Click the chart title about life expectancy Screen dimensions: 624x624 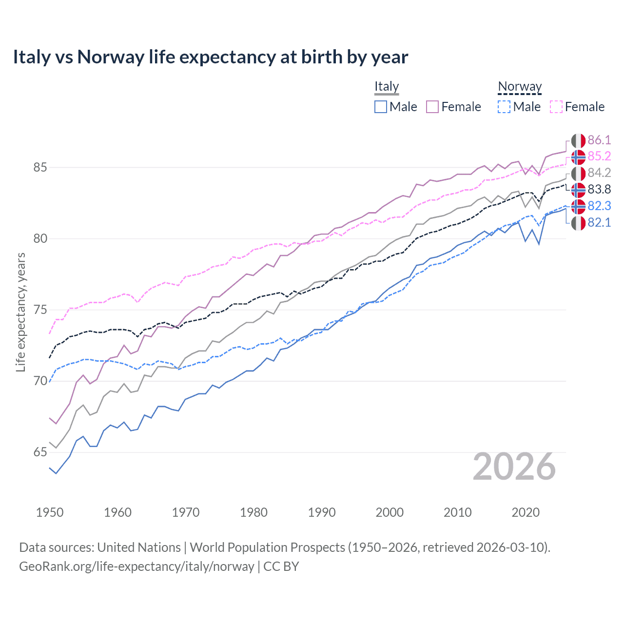click(x=210, y=57)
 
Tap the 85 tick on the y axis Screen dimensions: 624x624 click(x=40, y=168)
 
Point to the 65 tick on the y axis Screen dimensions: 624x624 click(x=40, y=452)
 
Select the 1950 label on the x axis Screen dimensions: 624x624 click(x=50, y=512)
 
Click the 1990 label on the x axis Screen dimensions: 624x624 click(x=322, y=512)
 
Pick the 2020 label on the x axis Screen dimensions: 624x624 click(x=526, y=512)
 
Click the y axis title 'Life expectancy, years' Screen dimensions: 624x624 click(x=20, y=312)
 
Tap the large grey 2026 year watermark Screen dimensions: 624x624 click(x=514, y=467)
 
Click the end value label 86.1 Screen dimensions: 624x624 click(x=599, y=140)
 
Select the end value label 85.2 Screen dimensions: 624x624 click(x=599, y=156)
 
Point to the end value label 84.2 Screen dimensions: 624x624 click(x=599, y=173)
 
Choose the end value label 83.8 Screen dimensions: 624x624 click(x=599, y=190)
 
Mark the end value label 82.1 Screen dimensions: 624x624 click(x=599, y=223)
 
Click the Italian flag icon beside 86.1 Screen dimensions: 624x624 click(x=578, y=140)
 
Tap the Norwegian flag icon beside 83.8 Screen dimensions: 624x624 click(x=578, y=190)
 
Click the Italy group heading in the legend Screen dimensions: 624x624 click(x=387, y=86)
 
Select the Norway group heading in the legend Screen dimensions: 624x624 click(x=520, y=86)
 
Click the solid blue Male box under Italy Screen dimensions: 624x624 click(x=381, y=107)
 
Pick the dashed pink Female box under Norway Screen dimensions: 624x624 click(x=556, y=107)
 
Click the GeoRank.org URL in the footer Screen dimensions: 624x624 click(x=136, y=566)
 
